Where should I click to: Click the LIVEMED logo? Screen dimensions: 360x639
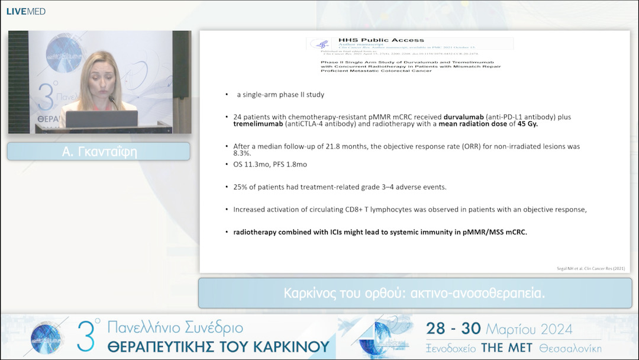[25, 11]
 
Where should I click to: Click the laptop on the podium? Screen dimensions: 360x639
[102, 118]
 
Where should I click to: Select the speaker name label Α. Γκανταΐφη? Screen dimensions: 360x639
[98, 152]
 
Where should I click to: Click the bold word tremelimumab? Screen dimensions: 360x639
[259, 124]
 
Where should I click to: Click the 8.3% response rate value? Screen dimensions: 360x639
[243, 153]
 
